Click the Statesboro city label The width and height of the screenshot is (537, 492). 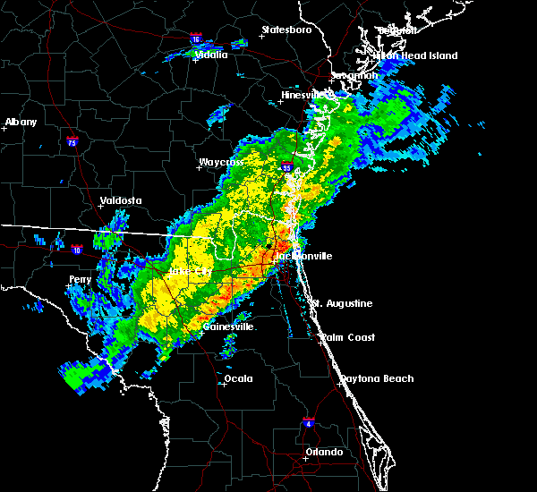click(286, 30)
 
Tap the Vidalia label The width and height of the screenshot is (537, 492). click(212, 55)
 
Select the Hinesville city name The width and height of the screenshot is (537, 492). click(307, 94)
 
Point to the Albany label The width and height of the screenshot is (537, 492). click(21, 122)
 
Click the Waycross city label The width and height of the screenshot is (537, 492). click(221, 164)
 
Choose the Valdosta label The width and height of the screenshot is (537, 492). click(121, 200)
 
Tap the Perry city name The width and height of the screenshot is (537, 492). click(80, 279)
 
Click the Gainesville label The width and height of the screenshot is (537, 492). click(228, 327)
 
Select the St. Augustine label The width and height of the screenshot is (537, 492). click(342, 303)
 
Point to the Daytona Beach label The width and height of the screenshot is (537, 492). click(377, 378)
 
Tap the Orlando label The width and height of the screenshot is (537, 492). click(324, 452)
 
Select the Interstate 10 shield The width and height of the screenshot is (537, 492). click(78, 250)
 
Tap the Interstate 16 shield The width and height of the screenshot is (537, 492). click(196, 40)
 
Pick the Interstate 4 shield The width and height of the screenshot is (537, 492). click(308, 421)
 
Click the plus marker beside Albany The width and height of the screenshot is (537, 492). click(5, 129)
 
